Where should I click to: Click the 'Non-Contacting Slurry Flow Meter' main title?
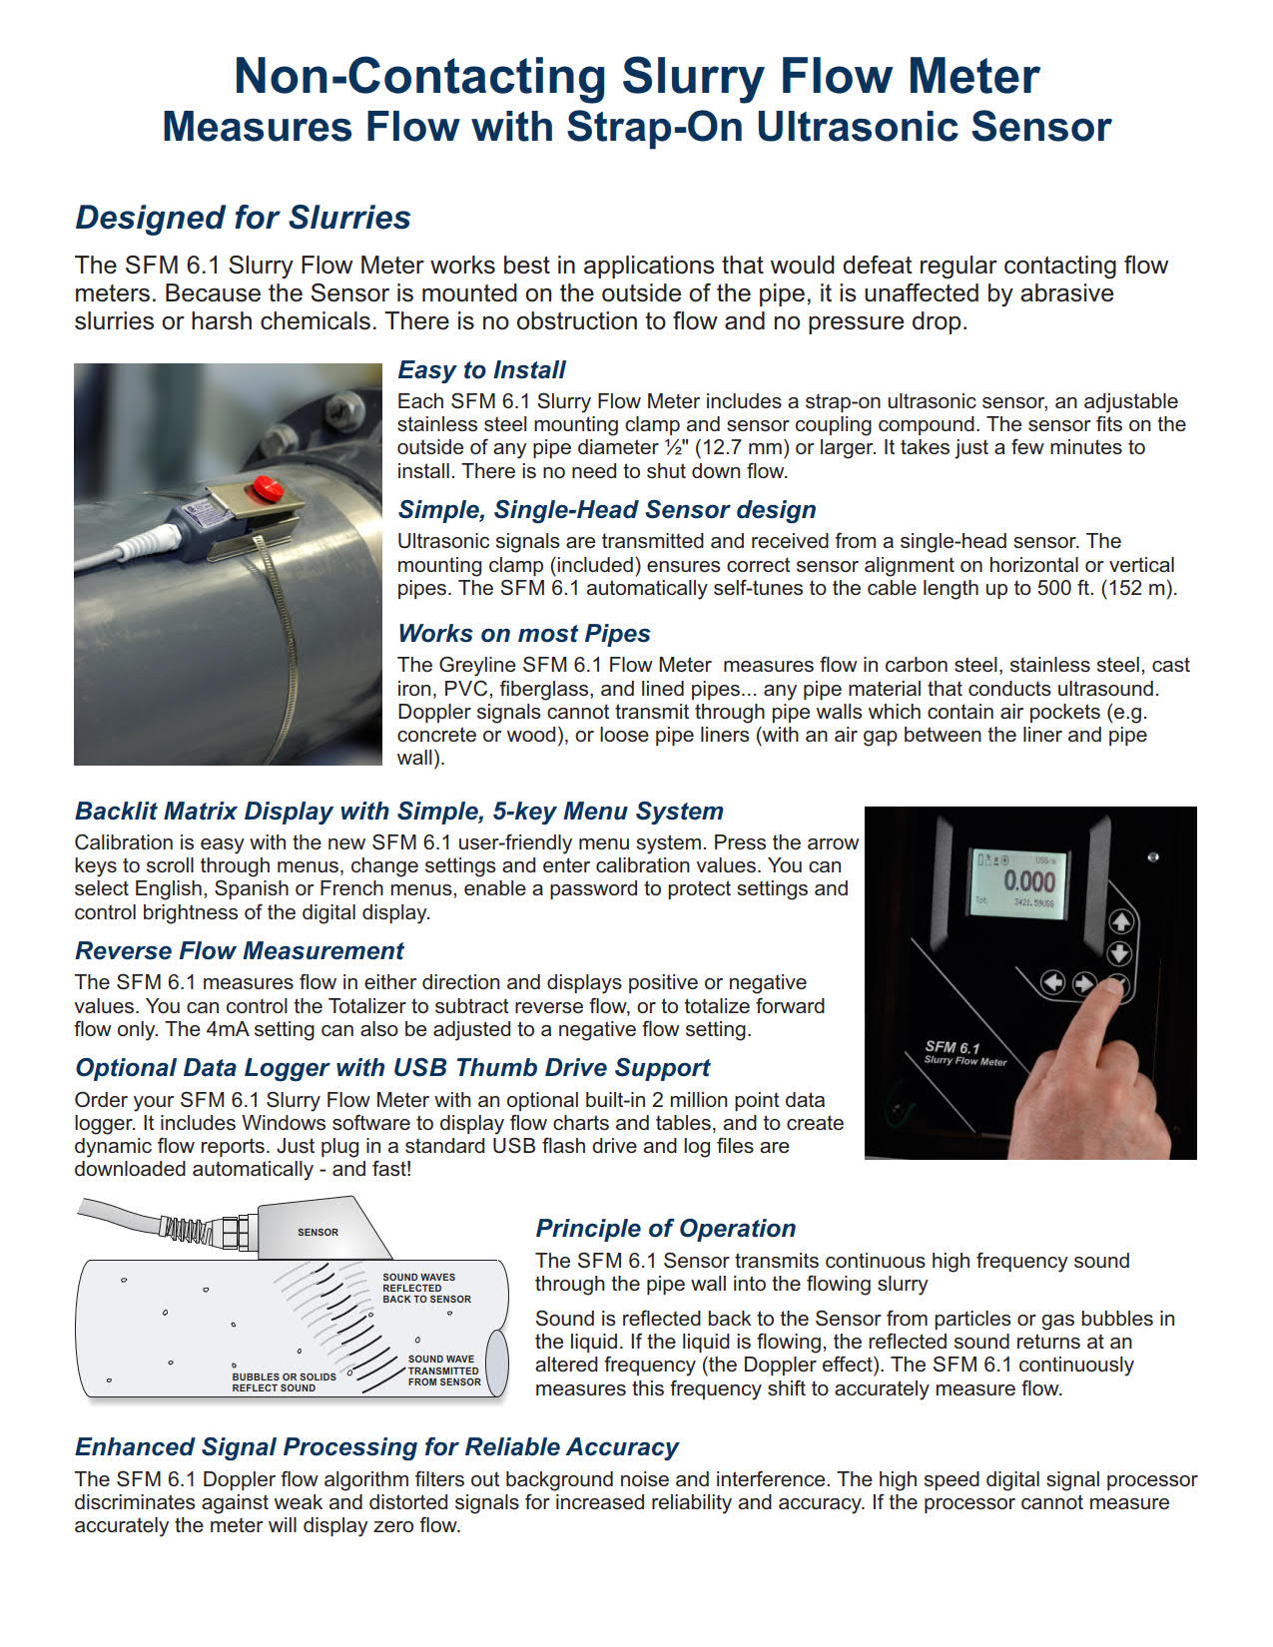636,76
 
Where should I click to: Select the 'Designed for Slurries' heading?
243,218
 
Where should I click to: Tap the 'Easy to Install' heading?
481,370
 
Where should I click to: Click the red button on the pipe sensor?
267,487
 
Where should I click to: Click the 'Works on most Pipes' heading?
523,634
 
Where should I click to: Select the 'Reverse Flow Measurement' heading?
240,951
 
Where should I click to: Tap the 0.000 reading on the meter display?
1028,881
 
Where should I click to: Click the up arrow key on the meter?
1120,921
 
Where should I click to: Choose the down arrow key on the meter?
1120,953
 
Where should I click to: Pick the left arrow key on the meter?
1052,983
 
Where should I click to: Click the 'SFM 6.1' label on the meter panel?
953,1047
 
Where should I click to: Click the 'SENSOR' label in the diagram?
318,1233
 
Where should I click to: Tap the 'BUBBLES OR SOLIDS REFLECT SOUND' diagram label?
284,1382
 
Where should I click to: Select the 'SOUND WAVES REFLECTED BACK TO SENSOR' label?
426,1288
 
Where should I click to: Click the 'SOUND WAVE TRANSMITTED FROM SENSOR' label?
443,1371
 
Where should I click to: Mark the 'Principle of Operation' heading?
665,1229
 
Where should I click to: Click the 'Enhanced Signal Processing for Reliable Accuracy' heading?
376,1447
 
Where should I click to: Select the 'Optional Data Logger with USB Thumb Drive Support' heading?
392,1068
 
